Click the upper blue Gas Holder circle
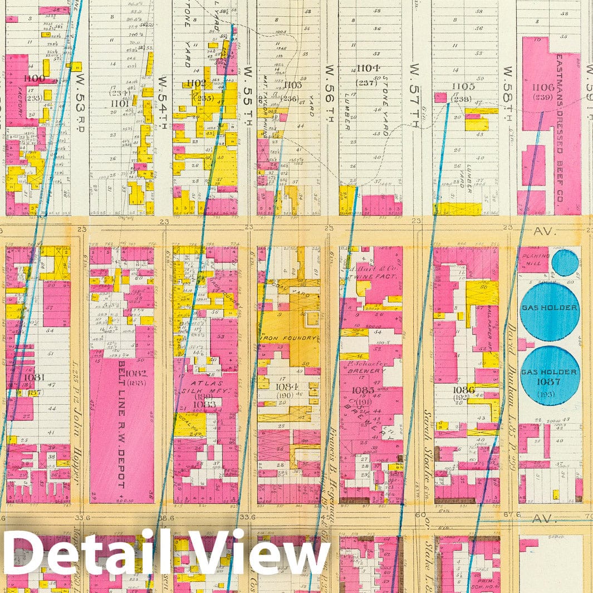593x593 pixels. tap(549, 311)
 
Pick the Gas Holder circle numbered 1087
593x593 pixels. tap(549, 375)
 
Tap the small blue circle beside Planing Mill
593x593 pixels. tap(565, 262)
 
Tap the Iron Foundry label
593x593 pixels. tap(288, 337)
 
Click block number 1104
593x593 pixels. tap(368, 69)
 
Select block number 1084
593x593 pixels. tap(288, 385)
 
